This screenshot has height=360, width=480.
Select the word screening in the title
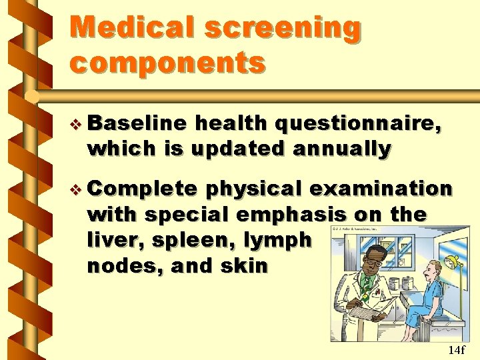[x=283, y=28]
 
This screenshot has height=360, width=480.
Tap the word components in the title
[x=167, y=63]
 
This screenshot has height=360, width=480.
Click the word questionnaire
[x=357, y=125]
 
